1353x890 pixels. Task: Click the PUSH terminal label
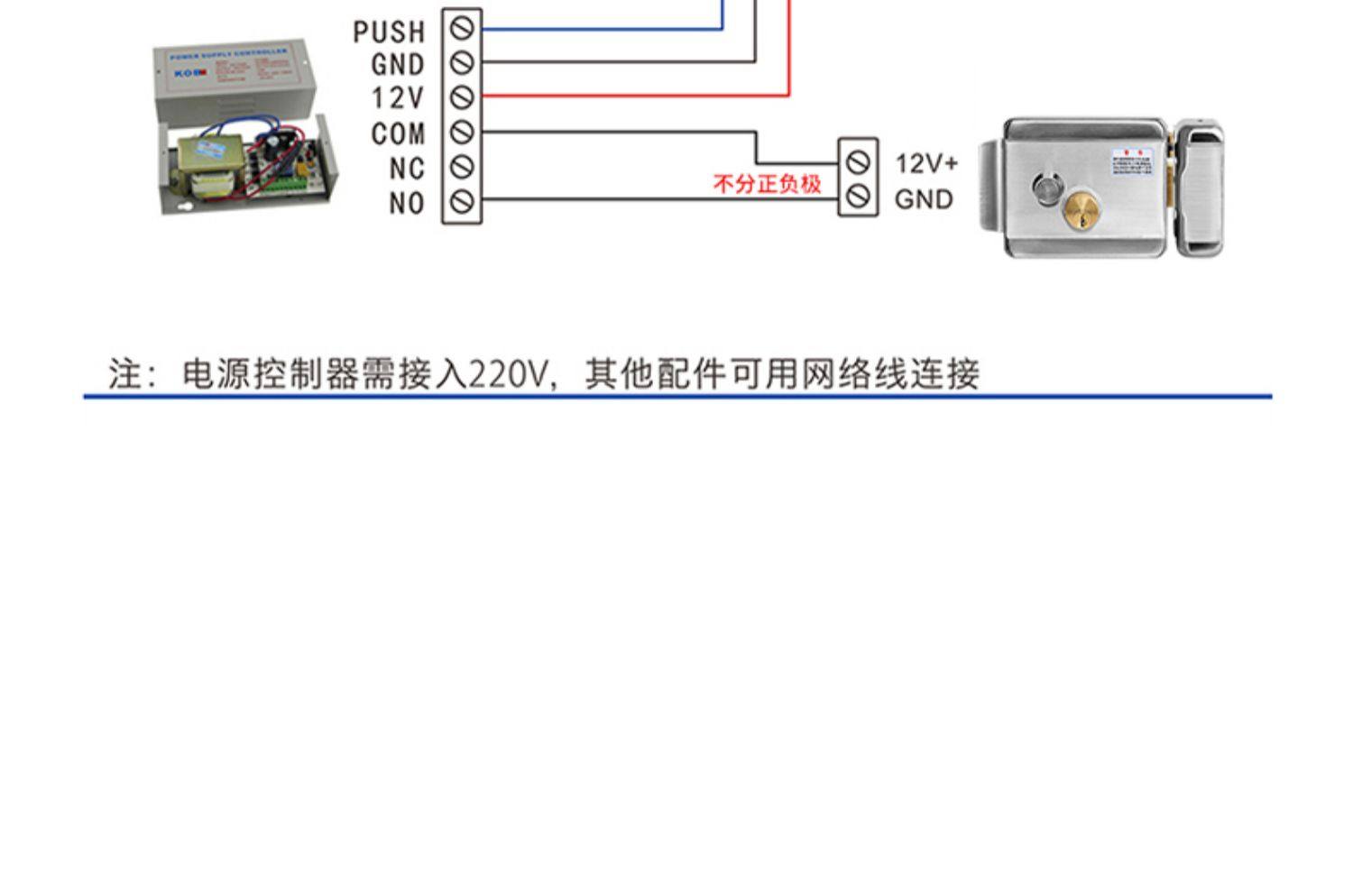pyautogui.click(x=389, y=32)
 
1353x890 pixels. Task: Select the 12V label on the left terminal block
pyautogui.click(x=398, y=98)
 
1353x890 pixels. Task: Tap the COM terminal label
pyautogui.click(x=398, y=133)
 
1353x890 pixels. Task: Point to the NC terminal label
pyautogui.click(x=407, y=169)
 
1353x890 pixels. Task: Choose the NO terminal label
pyautogui.click(x=407, y=203)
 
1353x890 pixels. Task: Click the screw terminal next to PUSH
pyautogui.click(x=462, y=29)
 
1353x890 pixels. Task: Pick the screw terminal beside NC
pyautogui.click(x=462, y=167)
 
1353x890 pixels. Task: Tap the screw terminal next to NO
pyautogui.click(x=462, y=201)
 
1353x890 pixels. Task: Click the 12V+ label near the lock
pyautogui.click(x=926, y=163)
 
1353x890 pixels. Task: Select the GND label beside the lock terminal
pyautogui.click(x=924, y=199)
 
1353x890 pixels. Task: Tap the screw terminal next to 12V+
pyautogui.click(x=858, y=161)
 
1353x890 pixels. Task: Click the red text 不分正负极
pyautogui.click(x=767, y=184)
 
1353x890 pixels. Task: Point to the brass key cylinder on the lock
pyautogui.click(x=1081, y=211)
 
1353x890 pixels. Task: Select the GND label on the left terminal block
pyautogui.click(x=398, y=65)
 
